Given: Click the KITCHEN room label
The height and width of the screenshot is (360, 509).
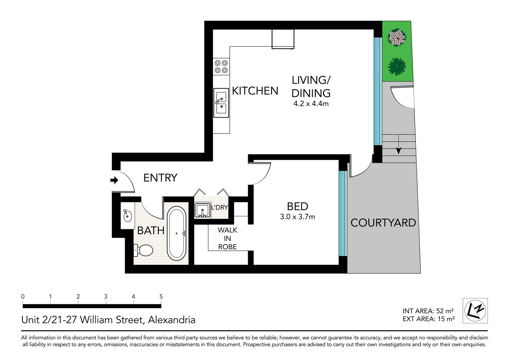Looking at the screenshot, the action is tap(255, 91).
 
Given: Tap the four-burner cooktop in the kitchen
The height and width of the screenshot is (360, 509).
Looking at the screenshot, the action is tap(221, 67).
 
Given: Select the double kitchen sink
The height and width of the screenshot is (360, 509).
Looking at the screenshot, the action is tap(221, 103).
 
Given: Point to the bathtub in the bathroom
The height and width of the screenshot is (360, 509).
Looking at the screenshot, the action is tap(176, 234).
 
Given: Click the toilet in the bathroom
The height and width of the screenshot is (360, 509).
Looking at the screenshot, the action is tap(143, 250).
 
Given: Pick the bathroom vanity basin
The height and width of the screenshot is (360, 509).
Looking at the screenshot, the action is tap(128, 216).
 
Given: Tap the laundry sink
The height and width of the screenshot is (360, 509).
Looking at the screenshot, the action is tap(203, 211).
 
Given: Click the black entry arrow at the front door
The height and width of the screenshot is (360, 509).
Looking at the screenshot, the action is tap(114, 180).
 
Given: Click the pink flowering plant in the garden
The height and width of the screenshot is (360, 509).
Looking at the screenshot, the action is tap(397, 37).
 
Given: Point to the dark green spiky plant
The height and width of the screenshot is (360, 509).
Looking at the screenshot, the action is tap(397, 67).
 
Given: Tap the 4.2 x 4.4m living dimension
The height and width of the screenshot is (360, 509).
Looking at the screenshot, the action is tap(311, 104).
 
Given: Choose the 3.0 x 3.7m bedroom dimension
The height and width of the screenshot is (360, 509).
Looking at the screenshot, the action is tap(298, 217).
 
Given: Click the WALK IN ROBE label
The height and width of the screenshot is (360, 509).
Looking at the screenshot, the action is tap(227, 238).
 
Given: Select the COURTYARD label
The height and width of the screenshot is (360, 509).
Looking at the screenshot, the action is tap(383, 223).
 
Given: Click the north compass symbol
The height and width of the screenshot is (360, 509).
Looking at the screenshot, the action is tap(475, 311).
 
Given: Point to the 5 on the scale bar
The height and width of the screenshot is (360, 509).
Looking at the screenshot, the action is tap(161, 296).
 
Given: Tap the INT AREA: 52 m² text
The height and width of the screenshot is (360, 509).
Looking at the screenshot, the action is tap(428, 311).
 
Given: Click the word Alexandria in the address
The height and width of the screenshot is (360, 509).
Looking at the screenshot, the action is tap(172, 320).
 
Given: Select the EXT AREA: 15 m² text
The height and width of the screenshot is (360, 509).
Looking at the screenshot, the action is tap(429, 319).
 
